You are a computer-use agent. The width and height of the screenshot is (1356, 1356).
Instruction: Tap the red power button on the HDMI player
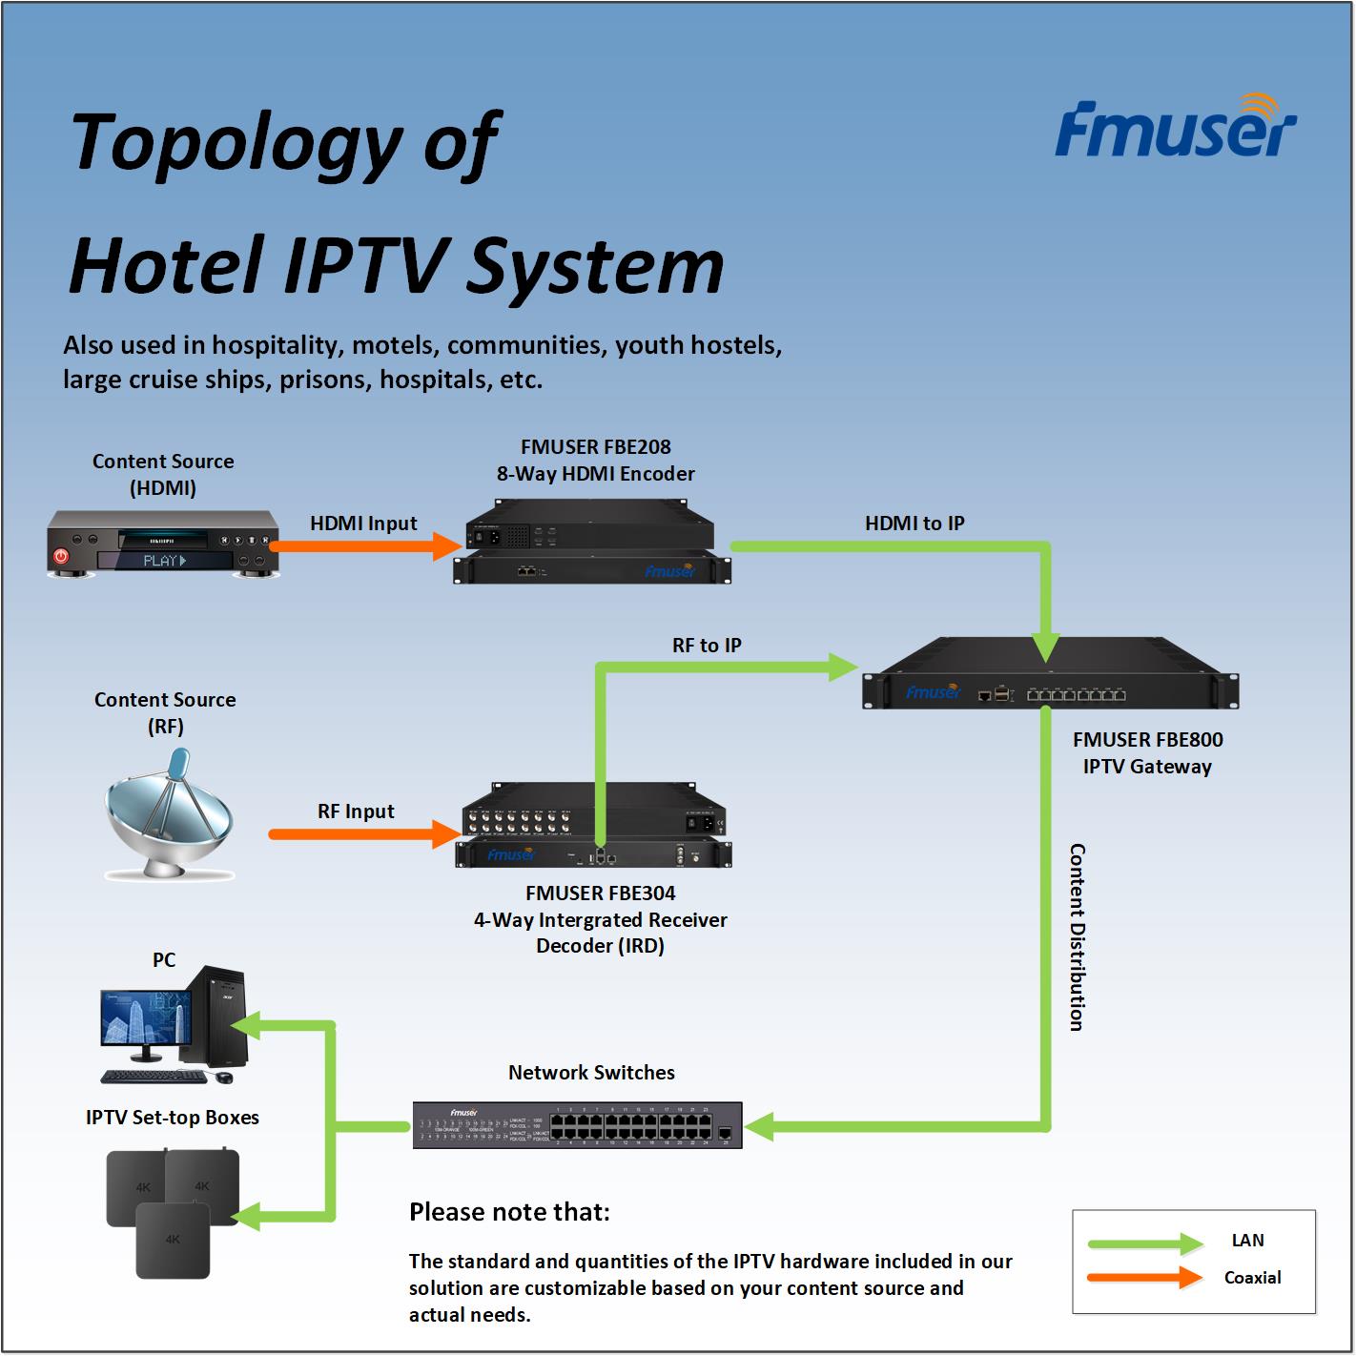61,557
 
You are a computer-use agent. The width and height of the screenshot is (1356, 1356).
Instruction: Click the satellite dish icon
169,813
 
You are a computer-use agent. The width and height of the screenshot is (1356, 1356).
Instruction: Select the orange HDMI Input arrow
365,546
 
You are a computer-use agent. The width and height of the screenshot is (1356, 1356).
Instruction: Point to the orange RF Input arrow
364,834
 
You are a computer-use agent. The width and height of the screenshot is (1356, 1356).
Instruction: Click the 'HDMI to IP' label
914,524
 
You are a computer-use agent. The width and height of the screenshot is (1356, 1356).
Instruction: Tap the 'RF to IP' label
707,646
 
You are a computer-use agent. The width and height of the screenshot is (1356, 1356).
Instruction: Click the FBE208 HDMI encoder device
592,541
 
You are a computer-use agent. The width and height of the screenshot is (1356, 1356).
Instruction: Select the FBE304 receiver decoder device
593,825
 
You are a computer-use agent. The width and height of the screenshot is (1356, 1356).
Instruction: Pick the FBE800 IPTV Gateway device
1051,672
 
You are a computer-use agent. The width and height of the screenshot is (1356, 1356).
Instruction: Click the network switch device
577,1125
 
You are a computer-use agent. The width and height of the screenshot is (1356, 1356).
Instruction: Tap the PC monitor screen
146,1017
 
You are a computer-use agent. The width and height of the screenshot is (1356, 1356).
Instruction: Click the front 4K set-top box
173,1241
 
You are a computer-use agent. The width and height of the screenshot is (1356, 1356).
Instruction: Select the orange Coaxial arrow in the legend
1145,1278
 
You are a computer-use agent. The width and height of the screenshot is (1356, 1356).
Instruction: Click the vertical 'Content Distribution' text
1078,937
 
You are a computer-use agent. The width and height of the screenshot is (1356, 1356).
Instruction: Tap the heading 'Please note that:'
509,1212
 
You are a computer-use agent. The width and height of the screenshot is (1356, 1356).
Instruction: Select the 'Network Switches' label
591,1073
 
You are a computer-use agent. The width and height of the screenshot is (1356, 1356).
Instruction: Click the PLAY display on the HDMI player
165,561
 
